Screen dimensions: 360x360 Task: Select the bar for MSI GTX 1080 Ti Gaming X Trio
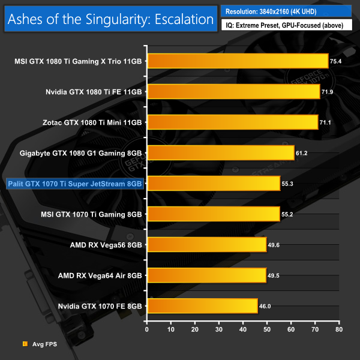[237, 61]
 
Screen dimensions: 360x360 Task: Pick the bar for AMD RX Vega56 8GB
[206, 244]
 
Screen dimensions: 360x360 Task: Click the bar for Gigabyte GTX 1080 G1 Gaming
[220, 152]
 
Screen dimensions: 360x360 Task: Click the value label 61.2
[302, 153]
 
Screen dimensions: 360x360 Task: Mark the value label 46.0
[265, 306]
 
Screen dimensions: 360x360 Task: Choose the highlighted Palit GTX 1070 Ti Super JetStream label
[73, 183]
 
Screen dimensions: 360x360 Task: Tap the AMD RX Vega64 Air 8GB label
[100, 275]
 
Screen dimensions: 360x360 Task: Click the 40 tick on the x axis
[242, 329]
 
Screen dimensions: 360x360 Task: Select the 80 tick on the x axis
[338, 329]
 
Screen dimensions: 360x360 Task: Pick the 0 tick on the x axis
[146, 329]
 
